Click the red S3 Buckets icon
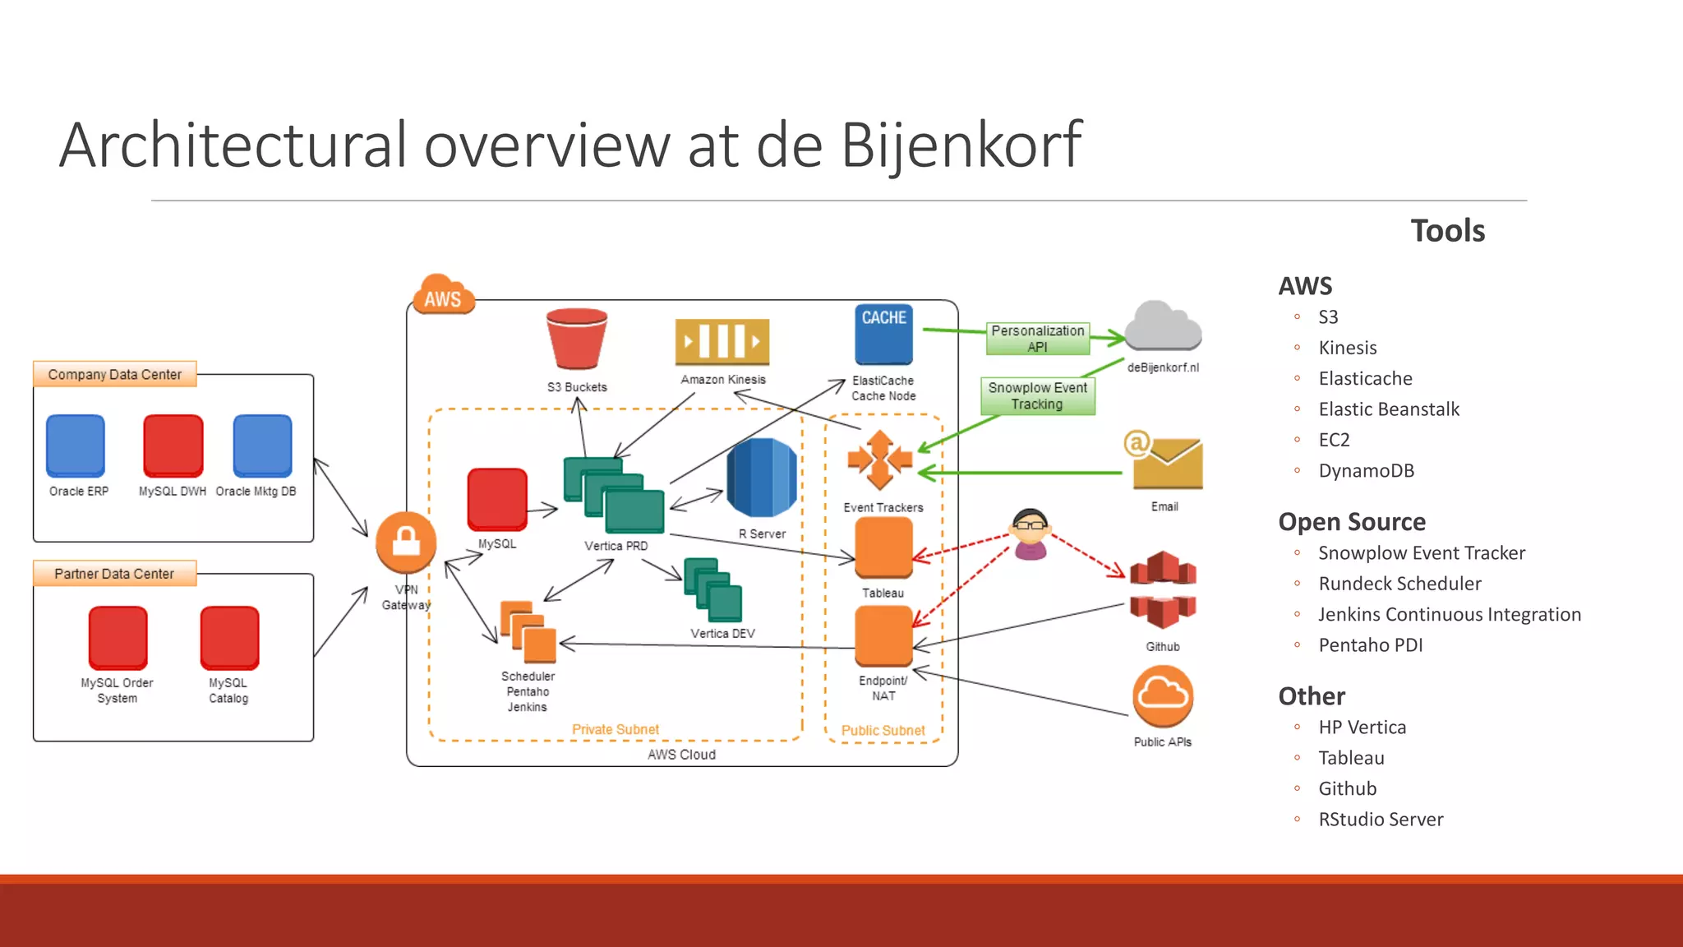577,339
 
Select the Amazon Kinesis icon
722,341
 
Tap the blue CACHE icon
883,335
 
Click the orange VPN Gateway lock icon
406,543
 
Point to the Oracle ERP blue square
76,446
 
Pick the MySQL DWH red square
173,446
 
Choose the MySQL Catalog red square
229,637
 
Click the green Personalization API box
1037,338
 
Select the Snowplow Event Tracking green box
1037,395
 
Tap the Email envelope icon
1165,463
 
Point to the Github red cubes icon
1163,589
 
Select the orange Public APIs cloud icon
1163,696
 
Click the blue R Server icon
762,478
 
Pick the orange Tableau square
883,547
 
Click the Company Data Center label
114,374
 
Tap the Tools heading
1447,231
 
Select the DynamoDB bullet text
1366,471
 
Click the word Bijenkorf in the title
961,146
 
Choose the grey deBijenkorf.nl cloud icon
1163,326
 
